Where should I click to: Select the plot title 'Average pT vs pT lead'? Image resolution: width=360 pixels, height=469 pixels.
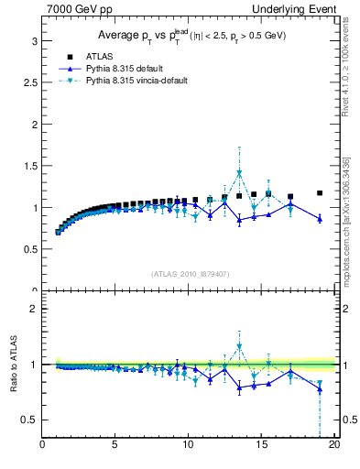(x=191, y=36)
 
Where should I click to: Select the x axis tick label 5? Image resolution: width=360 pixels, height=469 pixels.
(x=115, y=446)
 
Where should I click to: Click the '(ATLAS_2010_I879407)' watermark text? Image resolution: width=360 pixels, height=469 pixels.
(x=190, y=272)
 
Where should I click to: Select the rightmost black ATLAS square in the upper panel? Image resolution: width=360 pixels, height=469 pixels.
(x=320, y=193)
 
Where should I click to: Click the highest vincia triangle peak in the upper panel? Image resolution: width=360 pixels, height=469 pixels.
(x=239, y=172)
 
